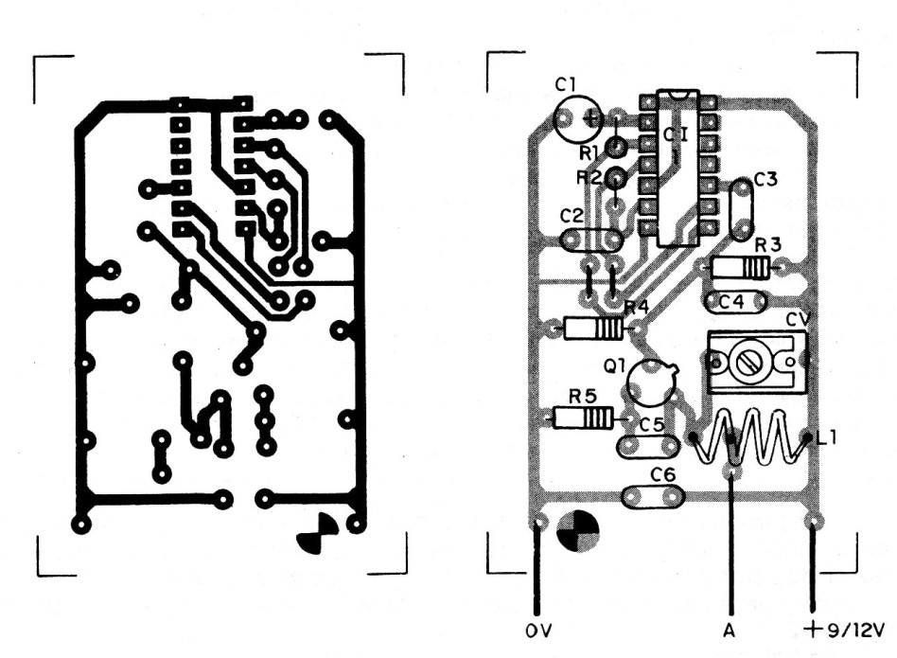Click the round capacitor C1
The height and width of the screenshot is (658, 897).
[577, 118]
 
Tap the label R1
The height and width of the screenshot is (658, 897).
[589, 151]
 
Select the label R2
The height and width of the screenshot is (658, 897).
[589, 178]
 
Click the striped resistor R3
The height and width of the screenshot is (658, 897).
[741, 269]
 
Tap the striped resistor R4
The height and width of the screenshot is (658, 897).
[594, 328]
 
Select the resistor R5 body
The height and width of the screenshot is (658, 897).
[583, 417]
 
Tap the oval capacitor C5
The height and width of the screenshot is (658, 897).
[648, 444]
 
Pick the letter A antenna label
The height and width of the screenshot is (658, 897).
[730, 629]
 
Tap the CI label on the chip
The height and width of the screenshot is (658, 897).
[676, 135]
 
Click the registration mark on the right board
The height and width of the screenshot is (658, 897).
[577, 529]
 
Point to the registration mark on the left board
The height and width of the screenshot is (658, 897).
[315, 536]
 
